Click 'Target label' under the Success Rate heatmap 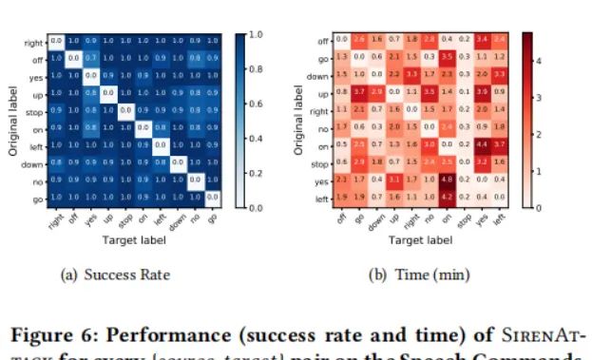(133, 240)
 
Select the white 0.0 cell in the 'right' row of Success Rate (56, 41)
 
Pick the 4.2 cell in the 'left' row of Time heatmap (446, 197)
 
